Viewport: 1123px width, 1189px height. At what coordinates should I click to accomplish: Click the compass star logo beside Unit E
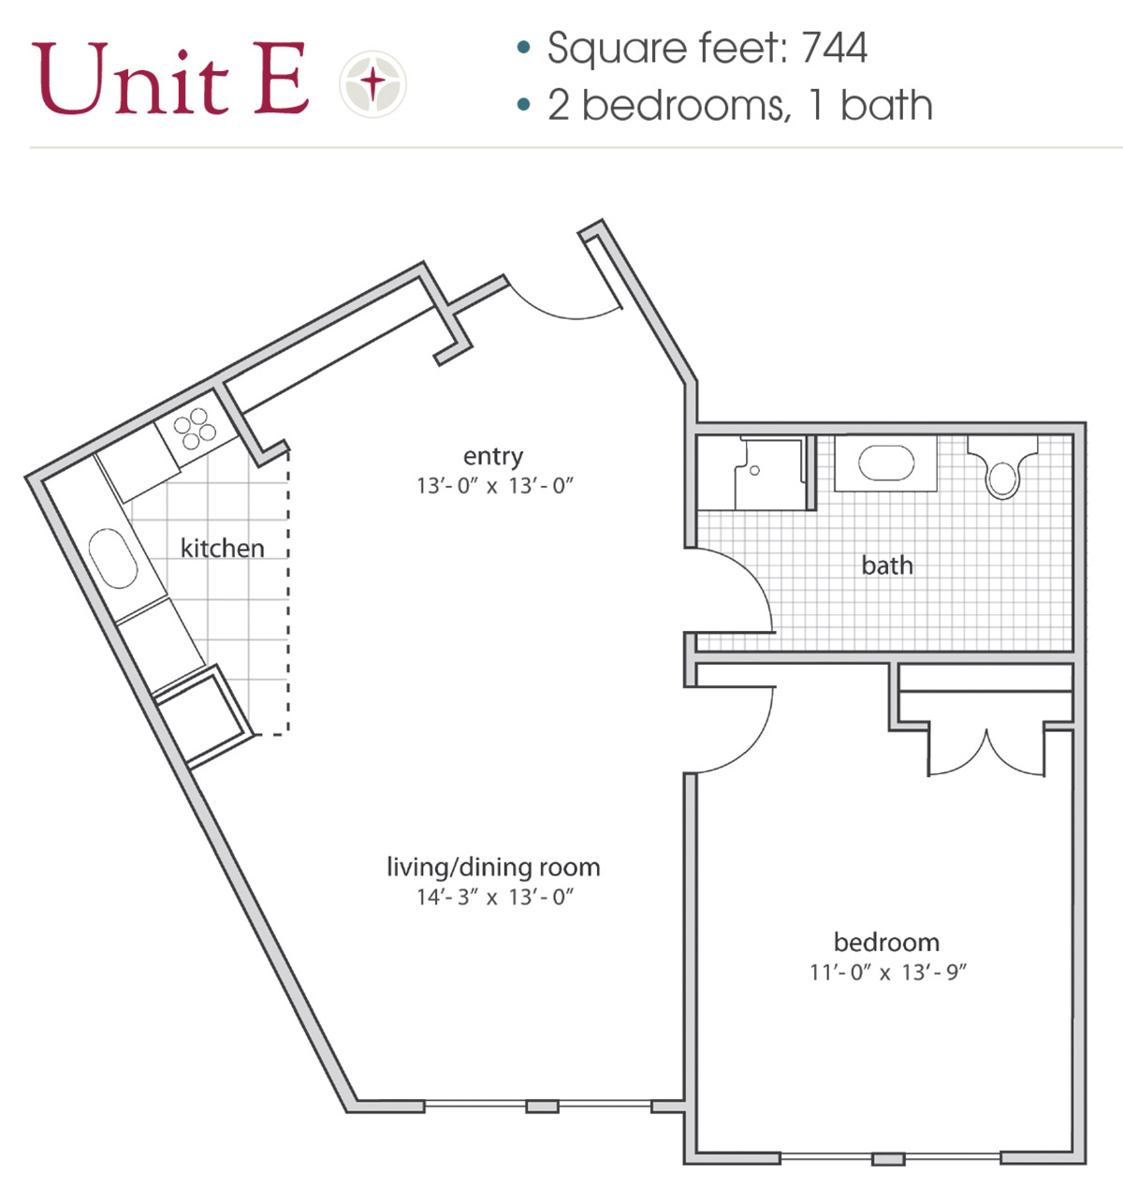pos(372,84)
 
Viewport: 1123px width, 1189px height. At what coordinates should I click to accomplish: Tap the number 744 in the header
pos(834,49)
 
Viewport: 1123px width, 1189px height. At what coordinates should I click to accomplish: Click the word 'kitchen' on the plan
pos(222,549)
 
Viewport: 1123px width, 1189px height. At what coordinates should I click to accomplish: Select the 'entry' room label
pos(493,457)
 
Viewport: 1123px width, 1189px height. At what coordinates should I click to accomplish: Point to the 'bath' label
pos(886,565)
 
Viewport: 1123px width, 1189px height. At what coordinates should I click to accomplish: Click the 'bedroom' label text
pos(885,943)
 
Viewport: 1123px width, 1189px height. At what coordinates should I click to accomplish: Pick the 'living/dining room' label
pos(493,868)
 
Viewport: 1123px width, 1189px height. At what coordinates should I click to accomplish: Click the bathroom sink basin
pos(885,463)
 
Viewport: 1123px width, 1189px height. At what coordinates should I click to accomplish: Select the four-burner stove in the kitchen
pos(195,429)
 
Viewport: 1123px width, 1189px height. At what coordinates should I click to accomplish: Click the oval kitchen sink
pos(116,560)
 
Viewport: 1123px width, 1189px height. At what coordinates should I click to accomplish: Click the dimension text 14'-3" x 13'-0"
pos(494,898)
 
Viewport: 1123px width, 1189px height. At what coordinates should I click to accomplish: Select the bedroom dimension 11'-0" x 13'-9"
pos(887,973)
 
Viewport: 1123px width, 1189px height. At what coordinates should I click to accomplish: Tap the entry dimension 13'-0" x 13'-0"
pos(494,486)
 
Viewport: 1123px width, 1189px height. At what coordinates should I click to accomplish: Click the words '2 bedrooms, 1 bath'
pos(739,106)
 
